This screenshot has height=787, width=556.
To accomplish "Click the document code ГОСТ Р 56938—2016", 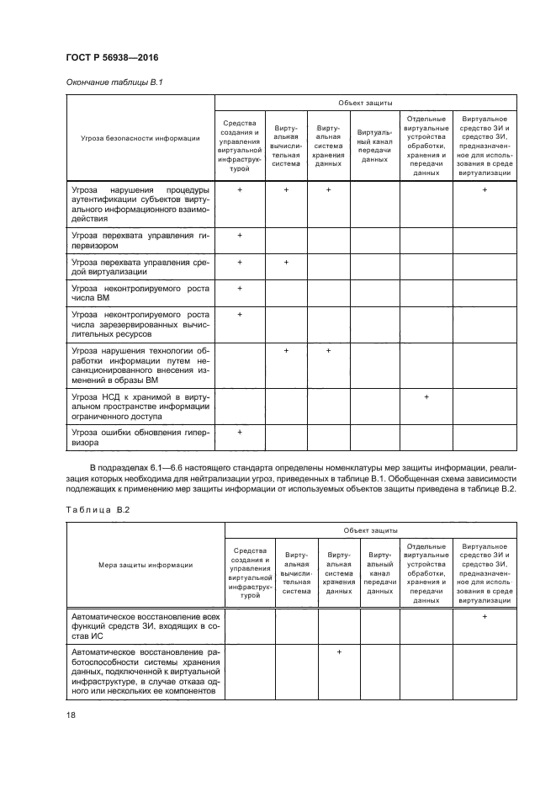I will pos(111,57).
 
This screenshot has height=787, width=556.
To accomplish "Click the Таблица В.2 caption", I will pos(96,509).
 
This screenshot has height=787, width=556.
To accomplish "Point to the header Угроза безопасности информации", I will pos(140,140).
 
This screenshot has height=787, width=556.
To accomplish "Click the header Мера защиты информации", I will pos(145,566).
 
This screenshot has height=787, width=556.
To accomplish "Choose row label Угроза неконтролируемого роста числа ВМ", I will pos(140,294).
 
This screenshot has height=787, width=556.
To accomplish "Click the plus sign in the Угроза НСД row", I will pos(426,396).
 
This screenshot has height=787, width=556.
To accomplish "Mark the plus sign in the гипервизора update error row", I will pos(240,432).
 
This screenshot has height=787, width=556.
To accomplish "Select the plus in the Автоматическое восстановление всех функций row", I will pos(485,617).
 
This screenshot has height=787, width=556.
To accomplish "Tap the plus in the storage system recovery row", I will pos(339,652).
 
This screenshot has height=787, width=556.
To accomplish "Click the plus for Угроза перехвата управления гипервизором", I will pos(240,235).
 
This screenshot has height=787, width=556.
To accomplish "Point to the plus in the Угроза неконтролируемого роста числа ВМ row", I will pos(240,289).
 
